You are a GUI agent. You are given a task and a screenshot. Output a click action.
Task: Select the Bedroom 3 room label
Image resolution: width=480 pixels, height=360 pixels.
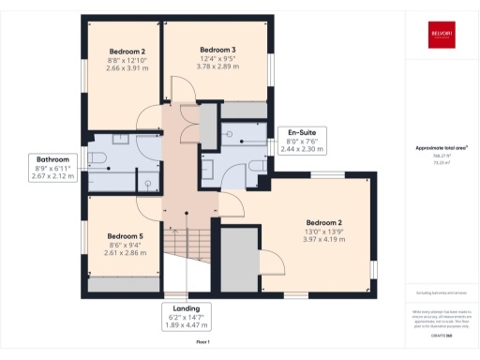coord(217,49)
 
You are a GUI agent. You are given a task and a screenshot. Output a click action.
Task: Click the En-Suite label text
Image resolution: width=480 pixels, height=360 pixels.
coord(301,132)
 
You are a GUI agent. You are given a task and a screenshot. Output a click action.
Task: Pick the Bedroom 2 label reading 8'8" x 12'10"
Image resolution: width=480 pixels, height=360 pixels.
coord(127,52)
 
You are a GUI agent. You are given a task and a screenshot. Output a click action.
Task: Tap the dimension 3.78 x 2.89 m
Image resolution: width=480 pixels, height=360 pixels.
coord(217,67)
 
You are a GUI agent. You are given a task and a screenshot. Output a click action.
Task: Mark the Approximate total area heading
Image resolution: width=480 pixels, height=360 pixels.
coord(441,148)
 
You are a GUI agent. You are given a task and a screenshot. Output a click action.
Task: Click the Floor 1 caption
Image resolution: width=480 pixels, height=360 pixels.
coord(203,342)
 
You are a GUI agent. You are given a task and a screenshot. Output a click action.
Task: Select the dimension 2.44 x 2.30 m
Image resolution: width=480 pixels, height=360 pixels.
coord(301,149)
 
